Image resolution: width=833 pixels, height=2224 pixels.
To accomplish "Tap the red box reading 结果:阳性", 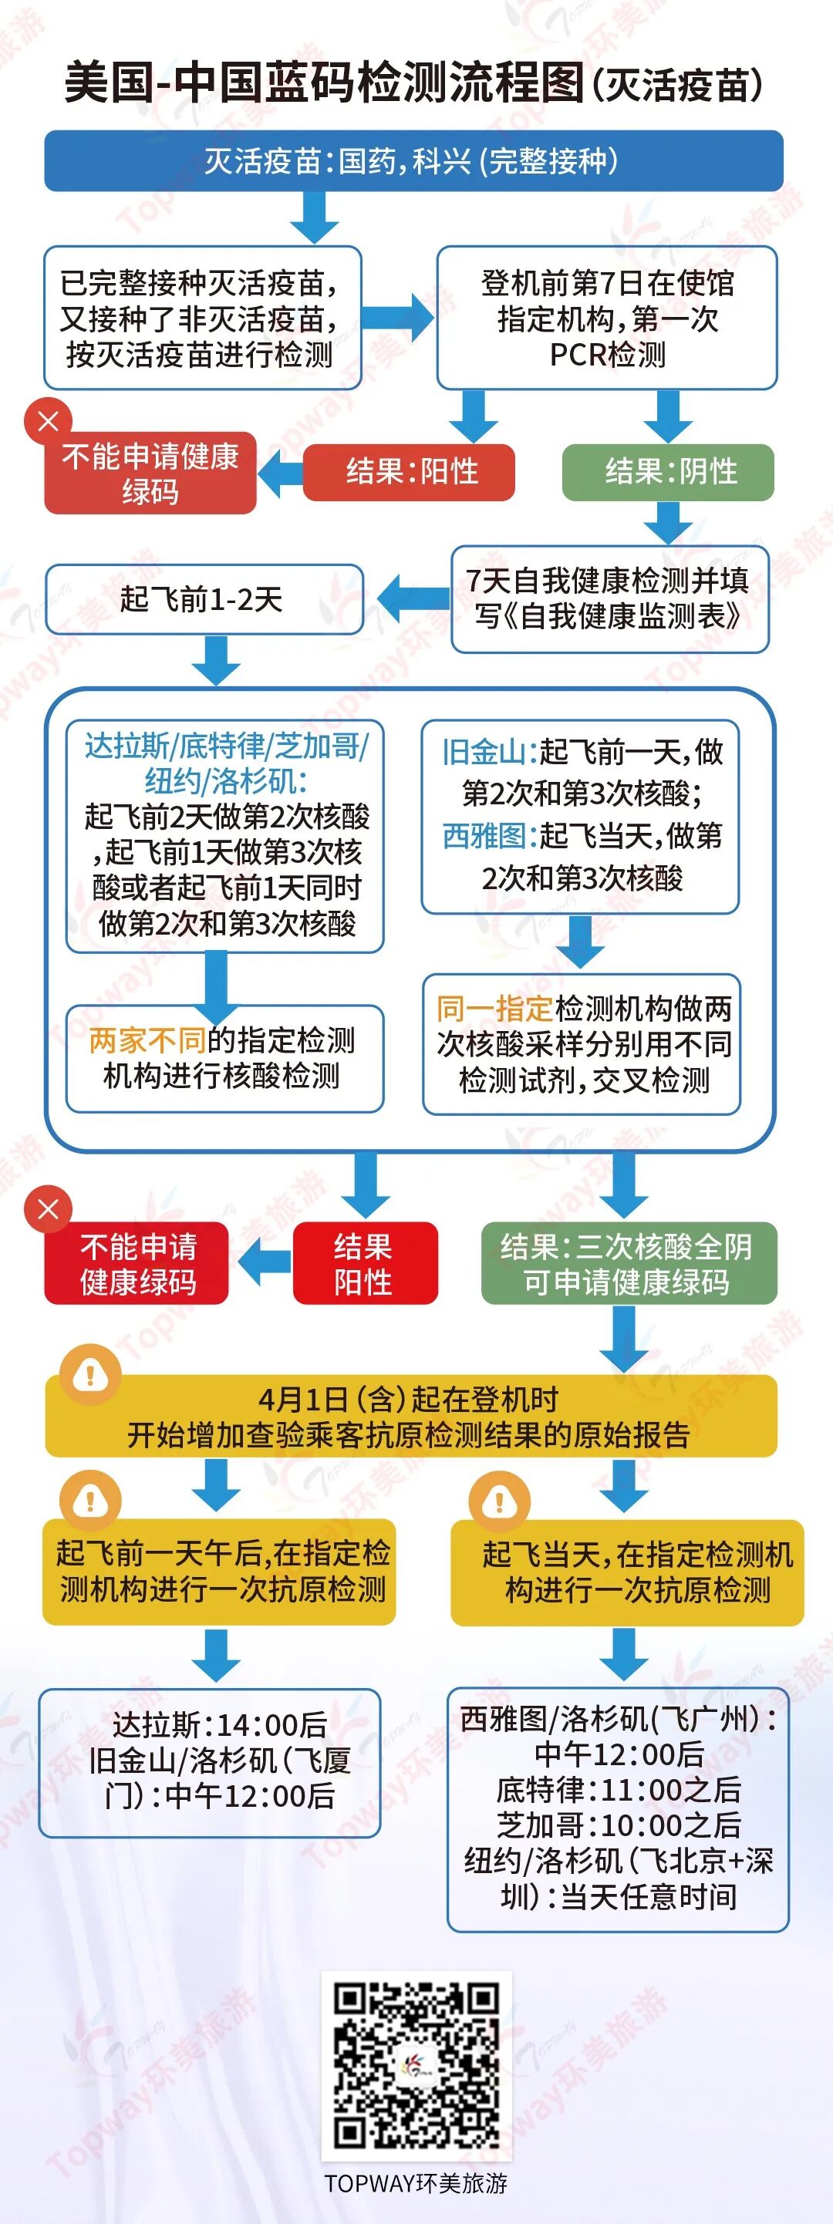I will (x=409, y=471).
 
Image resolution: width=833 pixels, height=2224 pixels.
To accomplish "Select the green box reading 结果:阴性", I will (x=668, y=471).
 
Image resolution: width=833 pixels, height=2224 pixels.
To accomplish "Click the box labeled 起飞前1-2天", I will (x=204, y=598).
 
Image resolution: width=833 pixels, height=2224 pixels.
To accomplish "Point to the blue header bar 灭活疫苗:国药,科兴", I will (x=413, y=160).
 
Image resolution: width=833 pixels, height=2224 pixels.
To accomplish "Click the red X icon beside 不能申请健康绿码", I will (x=49, y=420).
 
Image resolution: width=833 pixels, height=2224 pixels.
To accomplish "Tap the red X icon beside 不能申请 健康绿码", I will (x=49, y=1208).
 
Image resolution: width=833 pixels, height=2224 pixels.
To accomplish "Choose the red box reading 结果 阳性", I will (x=364, y=1263).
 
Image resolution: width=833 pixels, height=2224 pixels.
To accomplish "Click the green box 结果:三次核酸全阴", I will (x=629, y=1263).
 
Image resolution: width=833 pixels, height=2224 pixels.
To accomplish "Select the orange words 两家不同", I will (x=147, y=1040).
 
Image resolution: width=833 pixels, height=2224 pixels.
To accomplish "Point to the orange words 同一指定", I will (x=494, y=1008).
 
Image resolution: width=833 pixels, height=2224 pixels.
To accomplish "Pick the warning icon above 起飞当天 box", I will (x=499, y=1502).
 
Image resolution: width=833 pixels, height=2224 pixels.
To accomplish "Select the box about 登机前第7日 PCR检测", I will (x=607, y=318).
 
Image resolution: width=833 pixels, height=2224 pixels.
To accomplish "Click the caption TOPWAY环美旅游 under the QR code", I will (x=416, y=2183).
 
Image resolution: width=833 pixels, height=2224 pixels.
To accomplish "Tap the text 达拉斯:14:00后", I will (x=220, y=1725).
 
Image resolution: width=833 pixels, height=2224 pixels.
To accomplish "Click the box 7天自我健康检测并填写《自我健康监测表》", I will (x=609, y=598).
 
